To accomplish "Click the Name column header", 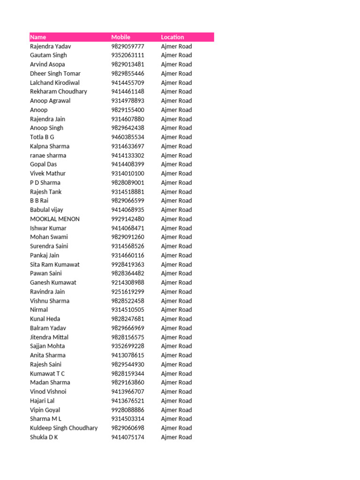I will [38, 37].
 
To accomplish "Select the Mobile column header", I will [120, 37].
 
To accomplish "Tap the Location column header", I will [172, 37].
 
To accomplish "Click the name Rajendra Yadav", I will [51, 46].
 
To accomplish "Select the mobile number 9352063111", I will [127, 55].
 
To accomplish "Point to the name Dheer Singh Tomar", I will [55, 74].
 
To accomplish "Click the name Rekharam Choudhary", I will [59, 91].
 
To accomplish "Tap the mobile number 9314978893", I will [127, 101].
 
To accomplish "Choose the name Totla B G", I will [42, 137].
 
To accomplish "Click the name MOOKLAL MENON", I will [55, 219].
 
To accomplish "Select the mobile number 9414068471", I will [127, 228].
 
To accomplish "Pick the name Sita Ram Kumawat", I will [55, 264].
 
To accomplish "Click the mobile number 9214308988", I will [127, 283].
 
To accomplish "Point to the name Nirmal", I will [39, 310].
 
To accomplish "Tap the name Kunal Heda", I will [45, 319].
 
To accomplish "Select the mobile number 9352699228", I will [127, 346].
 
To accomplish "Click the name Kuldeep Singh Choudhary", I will [64, 428].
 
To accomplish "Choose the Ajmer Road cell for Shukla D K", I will [176, 437].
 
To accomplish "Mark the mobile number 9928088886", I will [127, 410].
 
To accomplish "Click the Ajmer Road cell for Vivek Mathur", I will [176, 173].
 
